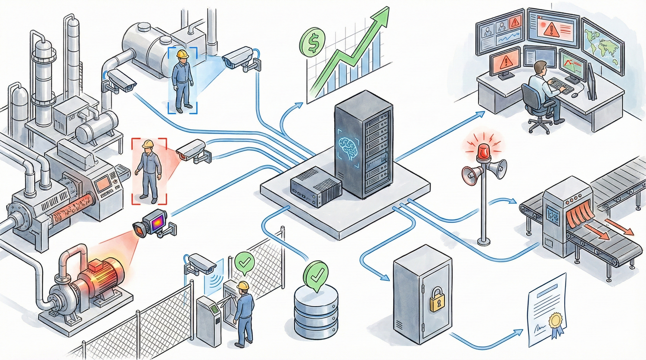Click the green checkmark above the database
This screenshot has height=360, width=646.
[x=316, y=272]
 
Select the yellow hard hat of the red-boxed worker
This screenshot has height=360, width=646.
[x=148, y=143]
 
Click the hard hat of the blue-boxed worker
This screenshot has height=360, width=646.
[x=183, y=54]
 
